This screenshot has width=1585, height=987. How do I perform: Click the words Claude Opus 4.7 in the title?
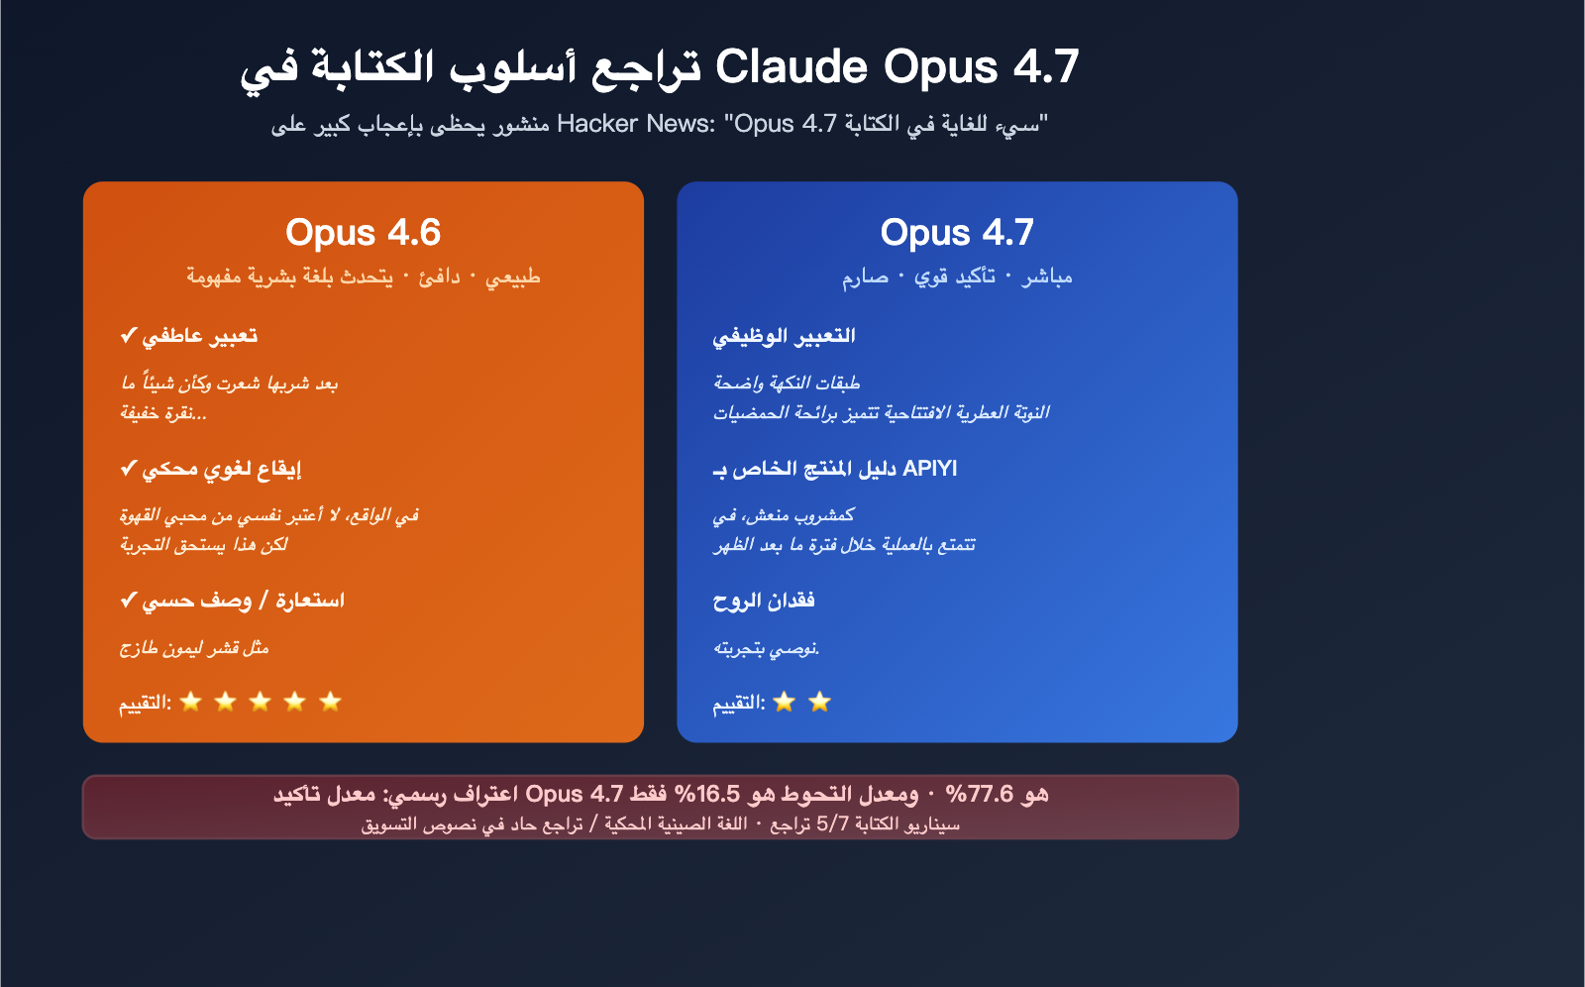(x=897, y=67)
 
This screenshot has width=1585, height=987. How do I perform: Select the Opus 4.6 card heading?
(x=363, y=233)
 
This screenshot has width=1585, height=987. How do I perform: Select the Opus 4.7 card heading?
(x=957, y=233)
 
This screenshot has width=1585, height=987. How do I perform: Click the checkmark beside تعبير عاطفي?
(x=128, y=336)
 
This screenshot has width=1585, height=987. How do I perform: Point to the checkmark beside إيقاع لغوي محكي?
(x=128, y=469)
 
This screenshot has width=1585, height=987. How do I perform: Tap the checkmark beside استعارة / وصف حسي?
(x=128, y=601)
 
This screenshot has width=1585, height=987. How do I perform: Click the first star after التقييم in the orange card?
(x=191, y=702)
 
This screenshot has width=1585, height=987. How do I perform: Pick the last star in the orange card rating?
(x=330, y=702)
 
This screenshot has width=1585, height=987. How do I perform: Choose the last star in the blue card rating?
(x=819, y=702)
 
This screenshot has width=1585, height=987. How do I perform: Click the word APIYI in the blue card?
(x=930, y=469)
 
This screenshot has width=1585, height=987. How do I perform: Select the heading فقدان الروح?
(x=764, y=601)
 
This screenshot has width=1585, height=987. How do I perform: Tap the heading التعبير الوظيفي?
(x=784, y=336)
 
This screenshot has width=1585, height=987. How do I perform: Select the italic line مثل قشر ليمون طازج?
(x=194, y=648)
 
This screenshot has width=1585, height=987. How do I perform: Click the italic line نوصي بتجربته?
(x=766, y=648)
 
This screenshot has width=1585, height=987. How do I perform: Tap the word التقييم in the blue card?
(x=739, y=703)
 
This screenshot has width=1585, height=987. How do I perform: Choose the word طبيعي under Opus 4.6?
(x=513, y=276)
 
